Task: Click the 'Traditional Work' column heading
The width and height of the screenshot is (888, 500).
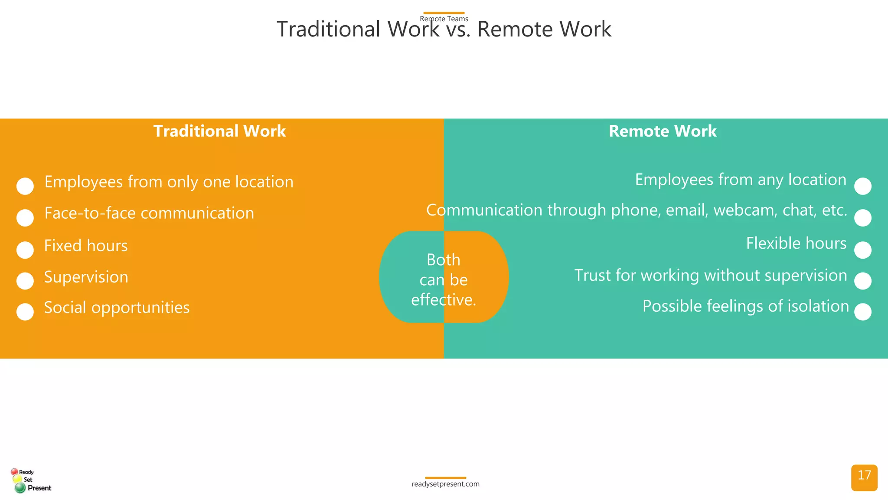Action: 219,131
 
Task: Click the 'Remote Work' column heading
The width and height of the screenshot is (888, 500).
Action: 663,131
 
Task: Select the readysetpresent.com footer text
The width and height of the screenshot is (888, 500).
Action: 445,484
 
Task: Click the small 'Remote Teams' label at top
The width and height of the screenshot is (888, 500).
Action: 444,19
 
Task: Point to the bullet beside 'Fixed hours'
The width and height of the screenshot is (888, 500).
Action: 25,250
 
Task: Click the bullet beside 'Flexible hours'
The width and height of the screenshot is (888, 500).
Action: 863,250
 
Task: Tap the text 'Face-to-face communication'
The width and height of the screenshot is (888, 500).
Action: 149,213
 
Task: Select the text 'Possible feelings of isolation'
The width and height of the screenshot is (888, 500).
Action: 745,306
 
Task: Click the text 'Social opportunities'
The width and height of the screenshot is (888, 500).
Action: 117,307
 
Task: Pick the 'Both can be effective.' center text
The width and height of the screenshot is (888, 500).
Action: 444,280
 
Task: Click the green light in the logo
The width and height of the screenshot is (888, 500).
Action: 20,488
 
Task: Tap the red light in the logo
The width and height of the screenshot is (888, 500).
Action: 14,471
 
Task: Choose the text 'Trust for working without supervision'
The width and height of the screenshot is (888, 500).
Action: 710,276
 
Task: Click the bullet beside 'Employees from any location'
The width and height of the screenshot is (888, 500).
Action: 863,186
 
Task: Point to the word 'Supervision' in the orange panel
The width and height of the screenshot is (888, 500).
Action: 86,277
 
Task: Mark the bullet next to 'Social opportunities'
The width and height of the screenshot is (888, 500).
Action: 25,312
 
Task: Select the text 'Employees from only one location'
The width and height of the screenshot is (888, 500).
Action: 169,182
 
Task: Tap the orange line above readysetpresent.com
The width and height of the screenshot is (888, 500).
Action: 445,478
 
